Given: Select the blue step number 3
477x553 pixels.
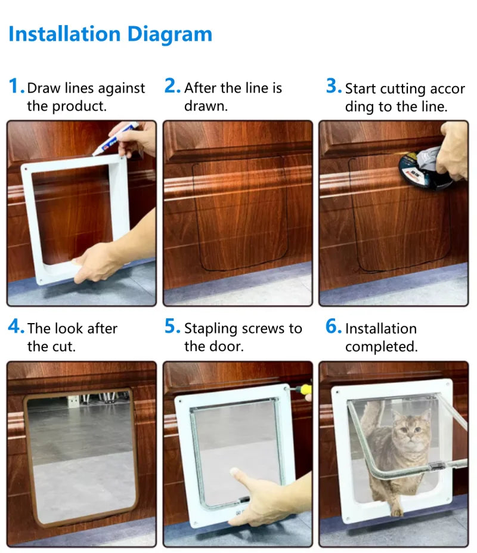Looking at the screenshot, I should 332,87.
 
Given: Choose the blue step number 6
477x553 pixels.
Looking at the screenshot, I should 332,327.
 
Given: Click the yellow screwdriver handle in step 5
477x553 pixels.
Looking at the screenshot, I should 305,391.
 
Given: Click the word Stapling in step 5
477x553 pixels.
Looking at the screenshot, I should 210,328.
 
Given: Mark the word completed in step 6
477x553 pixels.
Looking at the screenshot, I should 381,346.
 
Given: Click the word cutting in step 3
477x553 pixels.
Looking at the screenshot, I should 406,89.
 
